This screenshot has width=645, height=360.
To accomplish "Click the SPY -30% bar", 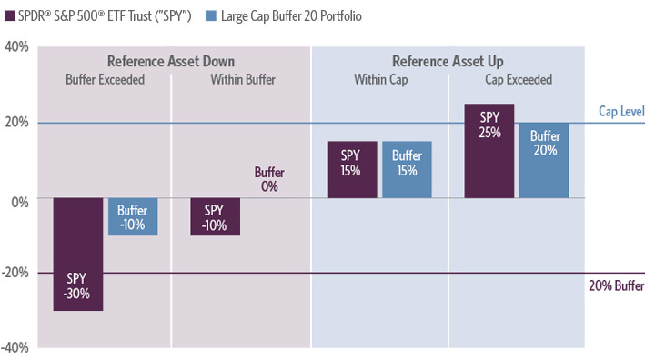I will [x=78, y=255].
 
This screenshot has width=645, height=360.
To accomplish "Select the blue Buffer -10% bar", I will [x=133, y=217].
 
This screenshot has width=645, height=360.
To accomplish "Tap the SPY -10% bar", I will [x=215, y=217].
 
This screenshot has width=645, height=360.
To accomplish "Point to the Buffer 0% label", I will [x=269, y=179].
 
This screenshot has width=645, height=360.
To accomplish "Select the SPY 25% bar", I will [x=489, y=151].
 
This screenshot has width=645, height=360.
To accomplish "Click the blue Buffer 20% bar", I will [x=544, y=161].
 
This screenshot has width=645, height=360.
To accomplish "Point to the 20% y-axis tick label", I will [x=15, y=123].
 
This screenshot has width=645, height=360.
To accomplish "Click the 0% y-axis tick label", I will [x=19, y=198].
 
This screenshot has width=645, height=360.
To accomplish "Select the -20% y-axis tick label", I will [x=14, y=273].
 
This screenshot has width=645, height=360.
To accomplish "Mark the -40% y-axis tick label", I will [x=14, y=347].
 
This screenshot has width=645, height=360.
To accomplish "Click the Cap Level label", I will [x=620, y=111].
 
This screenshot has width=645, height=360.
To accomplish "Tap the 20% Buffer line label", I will [x=616, y=285].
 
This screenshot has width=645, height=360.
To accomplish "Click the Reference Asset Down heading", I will [x=171, y=61].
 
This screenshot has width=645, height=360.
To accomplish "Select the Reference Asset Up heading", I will [x=447, y=61].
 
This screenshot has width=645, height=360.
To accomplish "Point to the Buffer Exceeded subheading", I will [x=105, y=80].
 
